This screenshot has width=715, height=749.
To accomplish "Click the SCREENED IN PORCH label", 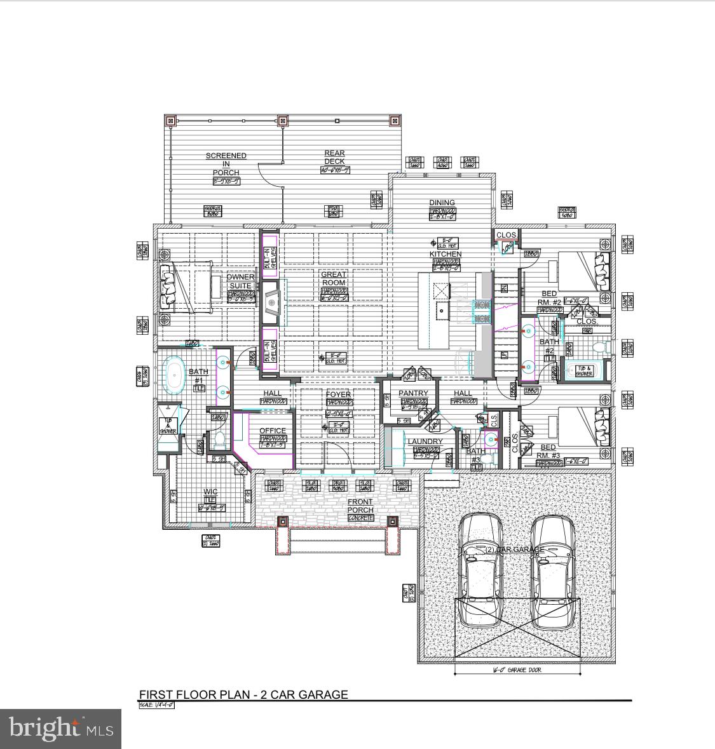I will pyautogui.click(x=226, y=164).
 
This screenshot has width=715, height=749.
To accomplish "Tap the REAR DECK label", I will pyautogui.click(x=334, y=158).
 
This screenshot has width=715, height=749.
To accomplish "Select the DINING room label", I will pyautogui.click(x=442, y=203).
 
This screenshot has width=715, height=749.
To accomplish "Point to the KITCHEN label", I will pyautogui.click(x=446, y=254).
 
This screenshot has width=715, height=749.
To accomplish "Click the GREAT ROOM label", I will pyautogui.click(x=333, y=279).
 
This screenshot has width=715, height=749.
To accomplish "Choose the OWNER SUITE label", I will pyautogui.click(x=240, y=281).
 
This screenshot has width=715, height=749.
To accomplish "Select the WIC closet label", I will pyautogui.click(x=210, y=492).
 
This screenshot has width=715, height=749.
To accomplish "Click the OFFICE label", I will pyautogui.click(x=273, y=431).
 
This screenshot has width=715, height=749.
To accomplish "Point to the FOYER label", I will pyautogui.click(x=338, y=395).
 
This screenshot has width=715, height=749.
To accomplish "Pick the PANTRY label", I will pyautogui.click(x=413, y=393).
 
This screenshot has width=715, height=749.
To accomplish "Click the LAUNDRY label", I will pyautogui.click(x=425, y=442).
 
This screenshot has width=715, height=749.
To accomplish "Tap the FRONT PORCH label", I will pyautogui.click(x=360, y=506).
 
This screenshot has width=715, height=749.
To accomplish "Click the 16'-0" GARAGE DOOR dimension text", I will pyautogui.click(x=517, y=670).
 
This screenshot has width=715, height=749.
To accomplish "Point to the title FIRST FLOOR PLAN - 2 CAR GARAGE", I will pyautogui.click(x=243, y=694).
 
